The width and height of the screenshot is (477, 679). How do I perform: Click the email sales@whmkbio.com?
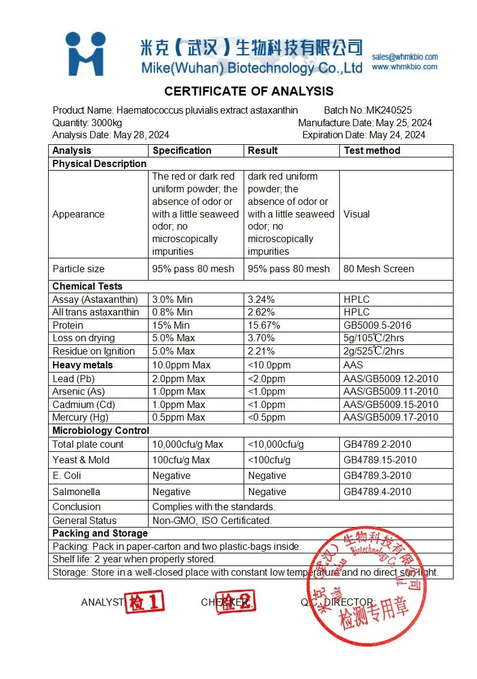click(405, 57)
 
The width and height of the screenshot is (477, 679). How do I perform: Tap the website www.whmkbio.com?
click(405, 67)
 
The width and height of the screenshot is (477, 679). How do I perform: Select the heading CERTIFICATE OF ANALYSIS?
click(248, 92)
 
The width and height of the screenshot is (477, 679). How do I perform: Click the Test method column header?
click(372, 151)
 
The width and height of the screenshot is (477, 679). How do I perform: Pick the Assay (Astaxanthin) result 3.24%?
click(262, 300)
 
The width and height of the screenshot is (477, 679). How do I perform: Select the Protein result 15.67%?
click(264, 326)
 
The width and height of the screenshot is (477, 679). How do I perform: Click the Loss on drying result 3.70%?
click(262, 338)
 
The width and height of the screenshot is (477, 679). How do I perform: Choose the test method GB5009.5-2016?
click(377, 326)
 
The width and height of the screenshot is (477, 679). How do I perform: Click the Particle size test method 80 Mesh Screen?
click(378, 269)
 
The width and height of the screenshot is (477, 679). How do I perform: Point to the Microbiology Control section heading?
click(100, 431)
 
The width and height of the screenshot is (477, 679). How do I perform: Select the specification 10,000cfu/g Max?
click(188, 445)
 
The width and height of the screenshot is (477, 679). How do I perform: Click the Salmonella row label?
click(76, 492)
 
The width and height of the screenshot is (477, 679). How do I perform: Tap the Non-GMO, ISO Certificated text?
click(212, 521)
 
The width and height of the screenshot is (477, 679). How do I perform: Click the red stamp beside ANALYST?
click(144, 601)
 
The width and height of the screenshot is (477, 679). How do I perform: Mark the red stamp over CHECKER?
click(236, 601)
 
